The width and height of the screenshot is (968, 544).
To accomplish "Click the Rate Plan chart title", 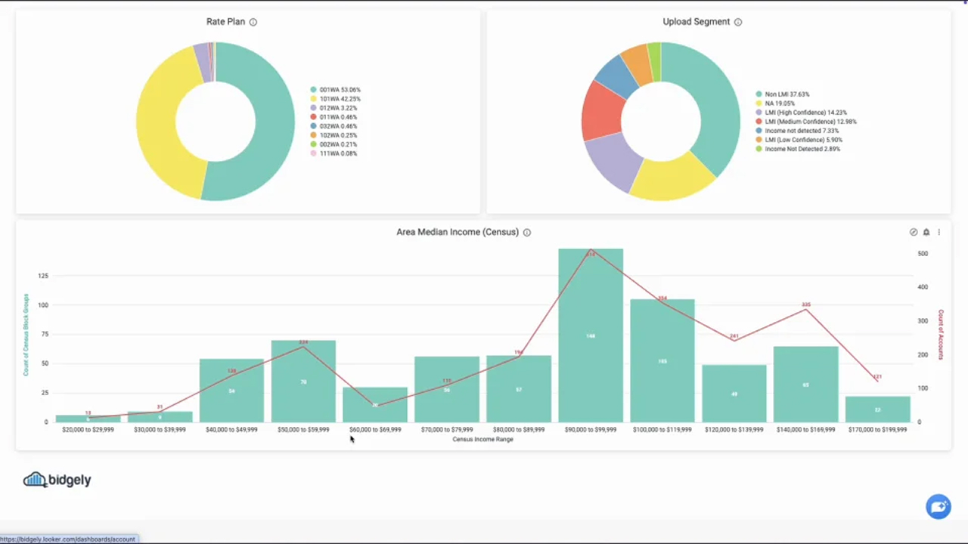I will (225, 21).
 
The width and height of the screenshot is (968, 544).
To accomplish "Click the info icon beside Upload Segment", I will (738, 22).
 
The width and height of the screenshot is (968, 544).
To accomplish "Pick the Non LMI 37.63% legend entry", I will (786, 94).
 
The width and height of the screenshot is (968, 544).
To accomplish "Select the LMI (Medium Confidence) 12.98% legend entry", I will (810, 122).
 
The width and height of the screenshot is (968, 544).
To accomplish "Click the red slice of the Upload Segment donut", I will (601, 111).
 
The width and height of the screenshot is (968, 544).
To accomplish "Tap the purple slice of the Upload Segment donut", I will (613, 162).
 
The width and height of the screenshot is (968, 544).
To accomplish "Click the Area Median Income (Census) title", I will (458, 232).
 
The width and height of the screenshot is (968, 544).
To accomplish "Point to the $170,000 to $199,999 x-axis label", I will (877, 429).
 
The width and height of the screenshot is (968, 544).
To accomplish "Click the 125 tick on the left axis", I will (43, 276).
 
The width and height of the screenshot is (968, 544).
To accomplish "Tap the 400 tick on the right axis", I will (923, 287).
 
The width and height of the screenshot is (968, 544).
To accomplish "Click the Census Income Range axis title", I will (482, 439).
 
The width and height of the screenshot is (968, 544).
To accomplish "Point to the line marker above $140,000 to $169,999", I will (806, 310).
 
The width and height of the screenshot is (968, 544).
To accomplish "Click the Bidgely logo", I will (57, 480).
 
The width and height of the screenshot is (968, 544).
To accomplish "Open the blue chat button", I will (939, 507).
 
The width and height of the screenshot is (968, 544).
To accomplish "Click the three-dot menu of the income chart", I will (939, 232).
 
